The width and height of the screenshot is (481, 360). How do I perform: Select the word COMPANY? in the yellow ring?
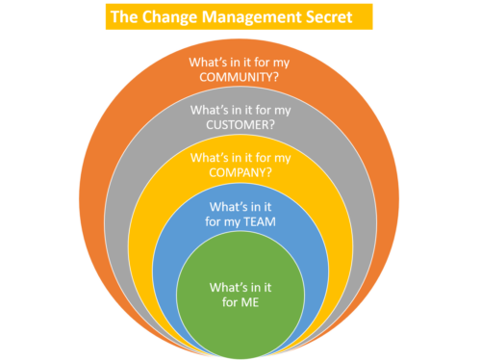240,173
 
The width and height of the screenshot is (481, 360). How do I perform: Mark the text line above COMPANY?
240,157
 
